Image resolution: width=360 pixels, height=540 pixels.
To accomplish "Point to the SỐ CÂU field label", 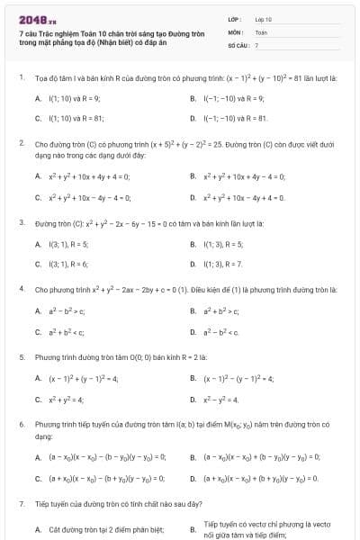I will click(237, 44).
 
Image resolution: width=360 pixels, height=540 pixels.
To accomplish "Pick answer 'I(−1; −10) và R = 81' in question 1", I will click(237, 118).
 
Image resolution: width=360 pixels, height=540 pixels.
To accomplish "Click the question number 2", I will click(22, 142).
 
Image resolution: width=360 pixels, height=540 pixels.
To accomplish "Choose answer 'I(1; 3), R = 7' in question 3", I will click(223, 264).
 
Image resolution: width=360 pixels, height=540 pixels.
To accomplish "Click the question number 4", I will click(22, 289).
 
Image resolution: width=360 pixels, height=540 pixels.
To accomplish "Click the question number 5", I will click(22, 356).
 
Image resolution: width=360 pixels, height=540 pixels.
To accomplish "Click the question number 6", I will click(22, 423).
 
